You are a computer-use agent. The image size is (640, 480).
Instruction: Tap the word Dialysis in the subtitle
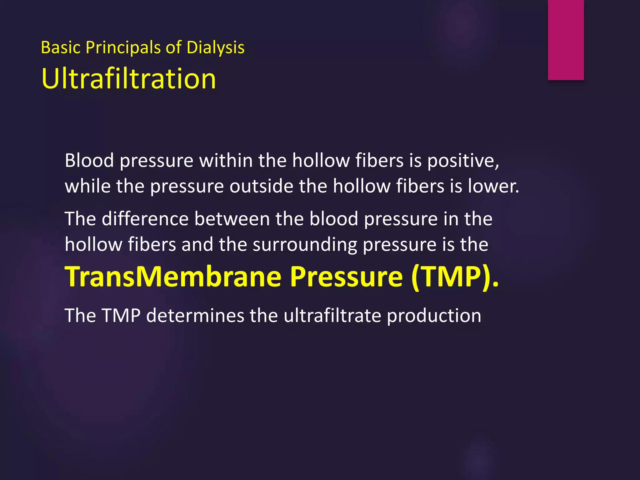click(x=215, y=48)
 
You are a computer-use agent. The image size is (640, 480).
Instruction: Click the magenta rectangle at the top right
click(x=566, y=40)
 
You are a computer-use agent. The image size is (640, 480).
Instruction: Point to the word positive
click(x=463, y=161)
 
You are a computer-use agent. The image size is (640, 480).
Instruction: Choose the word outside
click(x=261, y=186)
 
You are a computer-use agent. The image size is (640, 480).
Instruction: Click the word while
click(x=87, y=186)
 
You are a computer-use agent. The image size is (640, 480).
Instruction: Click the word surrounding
click(x=305, y=245)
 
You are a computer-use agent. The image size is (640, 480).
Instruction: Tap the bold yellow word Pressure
click(x=346, y=277)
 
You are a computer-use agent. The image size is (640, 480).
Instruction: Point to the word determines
click(x=195, y=315)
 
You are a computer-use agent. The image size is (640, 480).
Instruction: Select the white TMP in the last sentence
click(x=121, y=315)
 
